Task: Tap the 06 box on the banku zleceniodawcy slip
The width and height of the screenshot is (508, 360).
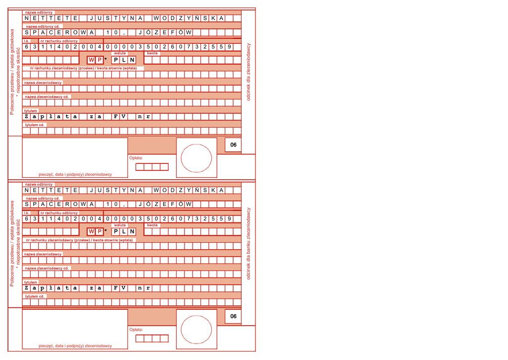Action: [233, 316]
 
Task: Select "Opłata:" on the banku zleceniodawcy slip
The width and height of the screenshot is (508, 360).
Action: [136, 329]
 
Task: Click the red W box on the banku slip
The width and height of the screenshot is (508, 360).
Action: [91, 231]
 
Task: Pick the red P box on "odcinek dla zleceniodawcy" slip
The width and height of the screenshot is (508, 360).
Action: [99, 60]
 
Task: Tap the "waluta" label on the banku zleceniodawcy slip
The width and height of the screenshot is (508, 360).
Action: [120, 225]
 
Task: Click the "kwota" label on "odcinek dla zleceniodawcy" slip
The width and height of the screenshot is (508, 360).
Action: [152, 53]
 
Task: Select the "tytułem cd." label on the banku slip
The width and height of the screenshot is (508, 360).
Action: [35, 296]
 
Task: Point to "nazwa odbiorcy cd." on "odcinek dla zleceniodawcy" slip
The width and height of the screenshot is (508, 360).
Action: [43, 26]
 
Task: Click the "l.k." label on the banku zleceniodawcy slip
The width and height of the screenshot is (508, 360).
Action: [27, 212]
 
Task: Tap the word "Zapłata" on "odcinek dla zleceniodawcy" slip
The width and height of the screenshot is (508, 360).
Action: [50, 117]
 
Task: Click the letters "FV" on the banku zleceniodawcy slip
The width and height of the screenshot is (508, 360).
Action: [120, 288]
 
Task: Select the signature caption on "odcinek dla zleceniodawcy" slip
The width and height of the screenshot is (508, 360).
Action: [75, 174]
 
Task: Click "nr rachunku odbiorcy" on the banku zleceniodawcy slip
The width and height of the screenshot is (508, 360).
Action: [59, 212]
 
